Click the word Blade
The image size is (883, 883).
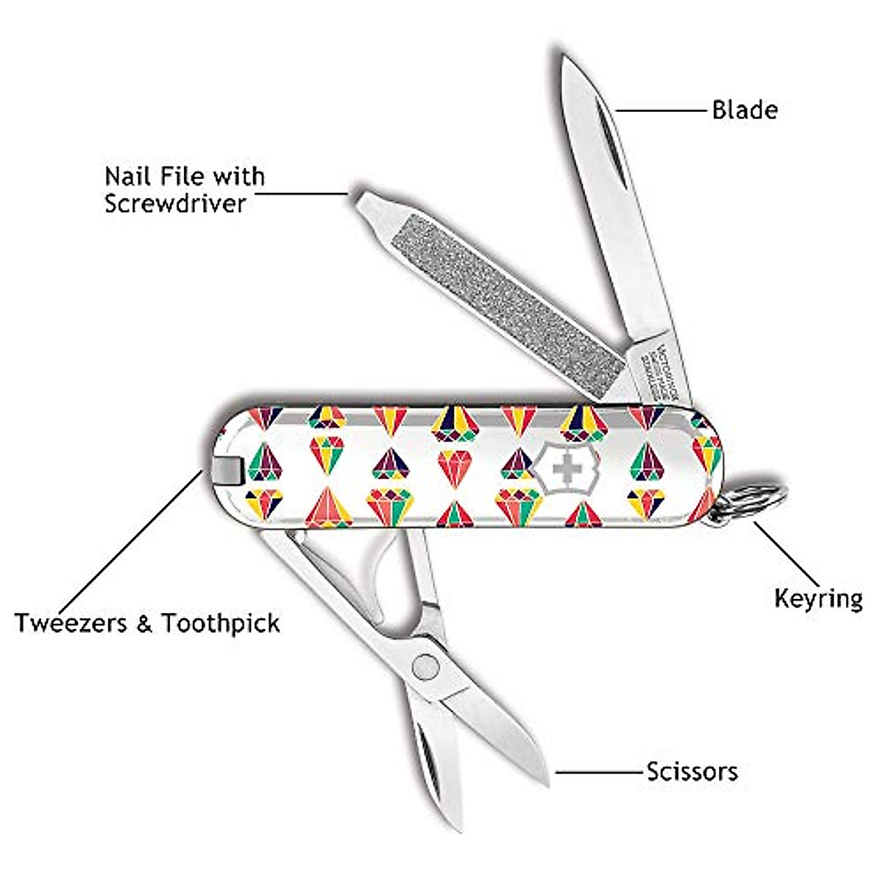point(744,110)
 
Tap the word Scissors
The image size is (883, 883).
point(692,772)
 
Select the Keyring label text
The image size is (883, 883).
point(818,598)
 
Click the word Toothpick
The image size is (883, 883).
point(221,623)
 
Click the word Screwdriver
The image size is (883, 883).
point(174,203)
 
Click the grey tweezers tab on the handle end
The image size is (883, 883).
point(230,471)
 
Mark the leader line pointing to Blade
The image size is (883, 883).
point(661,111)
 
